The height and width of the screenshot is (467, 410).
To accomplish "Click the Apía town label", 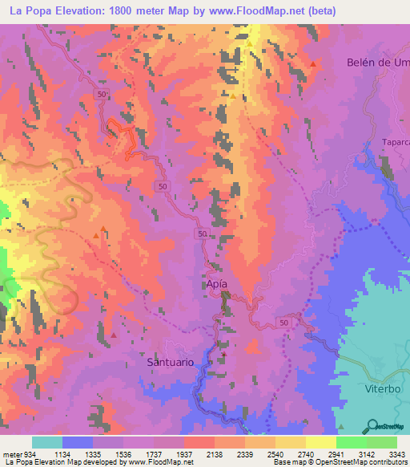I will point(212,285).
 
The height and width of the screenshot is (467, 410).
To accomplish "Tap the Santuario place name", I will point(171,362).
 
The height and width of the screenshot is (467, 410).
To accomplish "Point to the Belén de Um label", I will point(378,63).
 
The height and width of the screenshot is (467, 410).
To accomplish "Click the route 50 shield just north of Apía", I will point(203,233).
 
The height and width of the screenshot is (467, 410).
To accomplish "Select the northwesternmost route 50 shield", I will point(101,95).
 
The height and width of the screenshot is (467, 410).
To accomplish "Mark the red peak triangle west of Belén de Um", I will point(313,64).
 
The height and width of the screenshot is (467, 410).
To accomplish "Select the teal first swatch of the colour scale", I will point(46,442).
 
